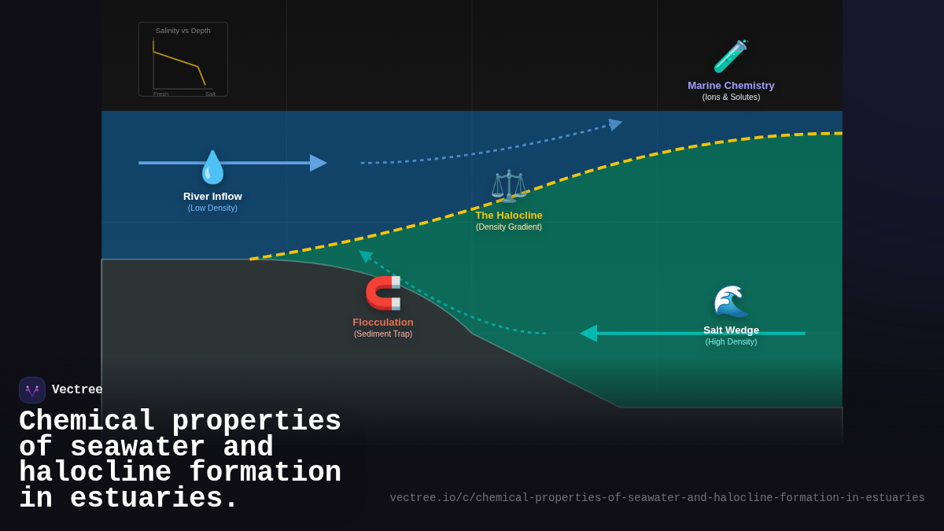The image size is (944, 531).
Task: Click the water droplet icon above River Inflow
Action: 212,167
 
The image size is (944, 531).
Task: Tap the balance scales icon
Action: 509,186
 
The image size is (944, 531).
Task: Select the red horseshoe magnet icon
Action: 383,293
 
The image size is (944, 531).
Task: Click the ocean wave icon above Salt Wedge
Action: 731,302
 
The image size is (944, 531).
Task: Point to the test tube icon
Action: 730,57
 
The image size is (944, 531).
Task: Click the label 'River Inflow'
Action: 212,197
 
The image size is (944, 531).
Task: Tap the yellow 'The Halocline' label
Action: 509,216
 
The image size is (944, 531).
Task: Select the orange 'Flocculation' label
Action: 383,323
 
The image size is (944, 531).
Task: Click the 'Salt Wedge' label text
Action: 731,330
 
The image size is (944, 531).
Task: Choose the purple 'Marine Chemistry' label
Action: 731,86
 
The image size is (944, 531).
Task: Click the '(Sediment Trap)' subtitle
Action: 383,334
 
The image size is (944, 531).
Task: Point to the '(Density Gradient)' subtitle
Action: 509,227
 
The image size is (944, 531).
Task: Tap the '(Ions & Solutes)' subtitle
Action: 731,98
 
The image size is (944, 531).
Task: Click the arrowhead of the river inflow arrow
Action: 319,163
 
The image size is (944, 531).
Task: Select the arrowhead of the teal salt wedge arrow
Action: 588,334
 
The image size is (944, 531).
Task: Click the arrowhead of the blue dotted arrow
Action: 615,124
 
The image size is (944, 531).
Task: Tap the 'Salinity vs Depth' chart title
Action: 183,31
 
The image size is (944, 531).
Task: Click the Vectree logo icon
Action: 32,390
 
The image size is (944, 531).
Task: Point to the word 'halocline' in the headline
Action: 95,473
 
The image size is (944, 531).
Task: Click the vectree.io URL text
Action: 657,498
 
